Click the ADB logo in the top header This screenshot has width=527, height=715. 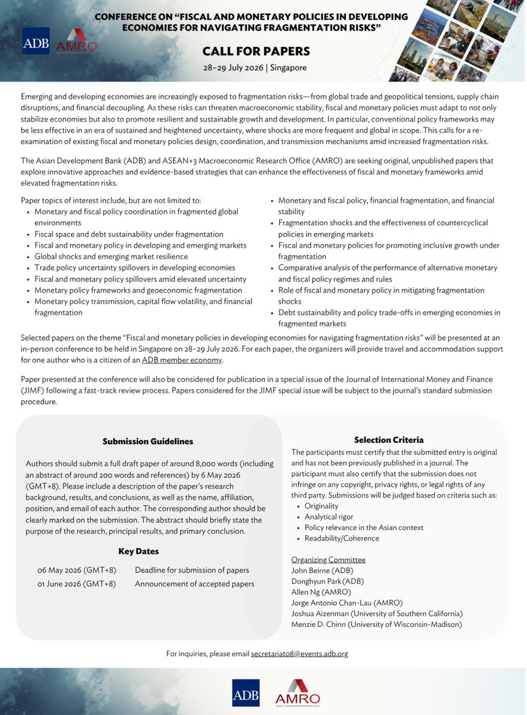(36, 41)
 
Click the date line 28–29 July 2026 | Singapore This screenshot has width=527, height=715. (255, 67)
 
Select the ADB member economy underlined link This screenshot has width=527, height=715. (182, 360)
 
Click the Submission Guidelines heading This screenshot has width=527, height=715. (148, 442)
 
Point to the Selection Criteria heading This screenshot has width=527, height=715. (389, 440)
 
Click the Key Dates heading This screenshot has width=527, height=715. (138, 551)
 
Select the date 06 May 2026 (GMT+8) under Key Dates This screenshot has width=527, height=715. (76, 570)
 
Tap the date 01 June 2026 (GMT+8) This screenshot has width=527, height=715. (76, 583)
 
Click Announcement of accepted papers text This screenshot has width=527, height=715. (194, 583)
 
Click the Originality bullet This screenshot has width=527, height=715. (321, 505)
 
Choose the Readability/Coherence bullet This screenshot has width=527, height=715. (342, 538)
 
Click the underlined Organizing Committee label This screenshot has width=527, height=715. (328, 559)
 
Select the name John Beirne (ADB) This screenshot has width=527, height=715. (322, 570)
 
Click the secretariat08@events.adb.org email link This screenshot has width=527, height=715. (299, 654)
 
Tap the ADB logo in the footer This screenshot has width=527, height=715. (246, 692)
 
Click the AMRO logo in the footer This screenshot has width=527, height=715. (297, 694)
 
